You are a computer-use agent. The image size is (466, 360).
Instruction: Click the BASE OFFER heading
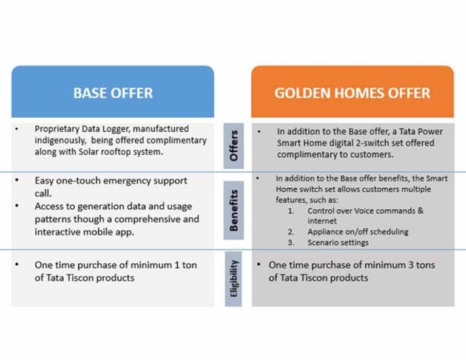pos(113,93)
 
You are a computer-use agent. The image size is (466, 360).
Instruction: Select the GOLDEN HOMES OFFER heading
pos(352,93)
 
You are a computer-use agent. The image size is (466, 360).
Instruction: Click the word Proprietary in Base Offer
pos(58,129)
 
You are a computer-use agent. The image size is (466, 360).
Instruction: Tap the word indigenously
pos(59,140)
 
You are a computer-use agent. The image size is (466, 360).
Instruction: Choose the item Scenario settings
pos(339,242)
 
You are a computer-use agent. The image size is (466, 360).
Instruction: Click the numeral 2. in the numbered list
pos(291,231)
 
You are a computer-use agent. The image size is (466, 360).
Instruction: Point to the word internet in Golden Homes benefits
pos(323,220)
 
